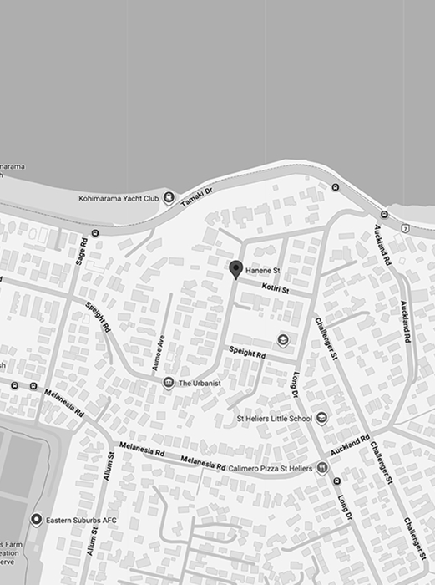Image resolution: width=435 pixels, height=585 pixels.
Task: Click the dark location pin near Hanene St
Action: click(x=236, y=268)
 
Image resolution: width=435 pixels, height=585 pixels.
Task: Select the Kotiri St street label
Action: click(x=275, y=288)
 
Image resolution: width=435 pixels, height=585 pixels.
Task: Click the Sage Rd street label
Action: click(x=82, y=252)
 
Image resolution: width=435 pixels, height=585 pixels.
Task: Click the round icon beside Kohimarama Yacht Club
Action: click(x=169, y=198)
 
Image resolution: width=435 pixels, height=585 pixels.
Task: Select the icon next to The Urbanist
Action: click(x=169, y=383)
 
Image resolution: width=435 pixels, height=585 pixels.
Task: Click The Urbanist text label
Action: click(x=199, y=384)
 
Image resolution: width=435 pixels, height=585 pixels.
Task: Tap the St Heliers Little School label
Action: click(x=274, y=418)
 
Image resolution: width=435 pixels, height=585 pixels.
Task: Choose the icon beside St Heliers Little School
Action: click(x=321, y=418)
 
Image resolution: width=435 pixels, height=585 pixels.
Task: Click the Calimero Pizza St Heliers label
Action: click(x=269, y=469)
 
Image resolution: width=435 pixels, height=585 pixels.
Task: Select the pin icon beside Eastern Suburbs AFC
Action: click(x=36, y=520)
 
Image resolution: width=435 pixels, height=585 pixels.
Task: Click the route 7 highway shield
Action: click(x=404, y=228)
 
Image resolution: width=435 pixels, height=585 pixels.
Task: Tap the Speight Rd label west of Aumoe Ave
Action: click(x=98, y=318)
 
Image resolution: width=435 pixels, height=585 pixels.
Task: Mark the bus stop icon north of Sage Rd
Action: click(x=95, y=233)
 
